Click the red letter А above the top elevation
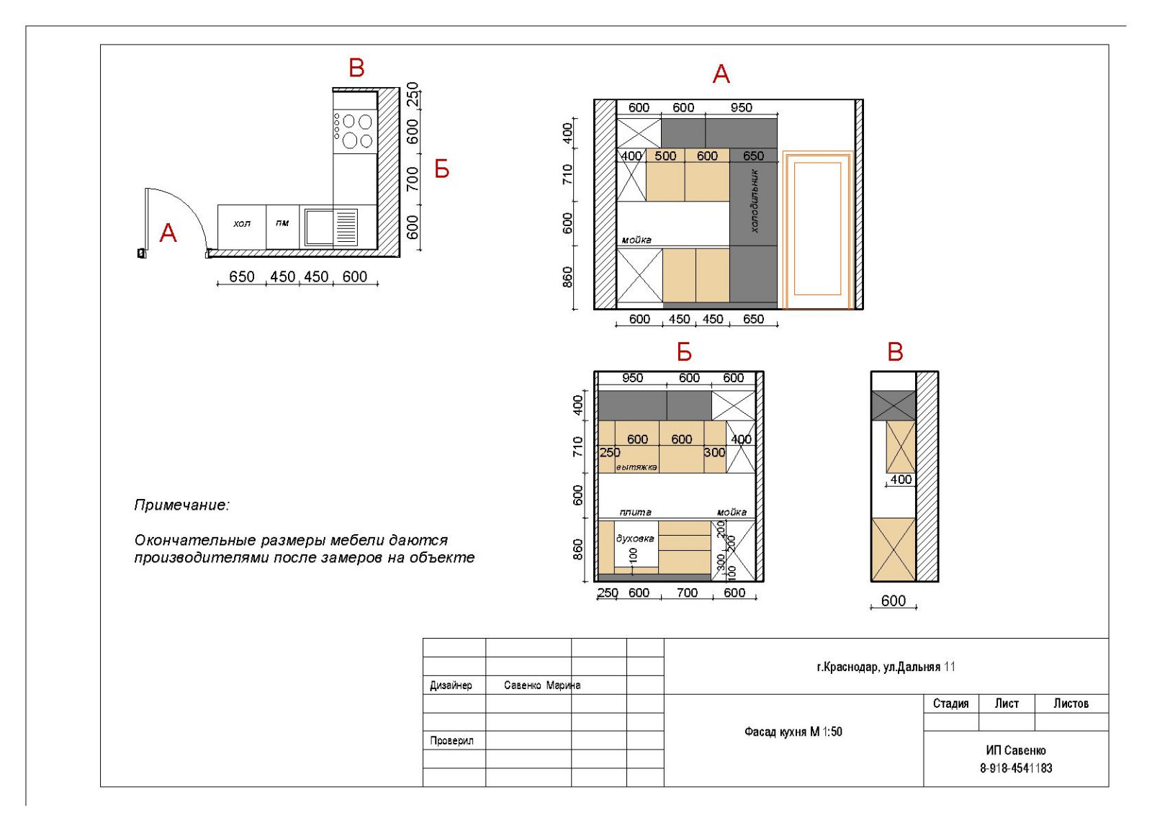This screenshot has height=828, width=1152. (721, 75)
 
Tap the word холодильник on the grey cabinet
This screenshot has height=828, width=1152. (755, 201)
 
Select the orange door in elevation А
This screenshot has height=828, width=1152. (818, 230)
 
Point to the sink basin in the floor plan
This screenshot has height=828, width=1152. (318, 227)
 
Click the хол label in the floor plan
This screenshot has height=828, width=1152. (242, 224)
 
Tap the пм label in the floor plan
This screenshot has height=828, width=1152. (282, 223)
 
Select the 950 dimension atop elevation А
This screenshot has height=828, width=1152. (741, 107)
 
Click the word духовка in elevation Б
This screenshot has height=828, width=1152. (635, 539)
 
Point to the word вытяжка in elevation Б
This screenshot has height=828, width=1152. (636, 467)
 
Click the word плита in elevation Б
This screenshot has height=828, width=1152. (636, 512)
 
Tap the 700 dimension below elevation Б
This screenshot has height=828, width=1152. (687, 593)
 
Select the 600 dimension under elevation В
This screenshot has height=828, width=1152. (894, 600)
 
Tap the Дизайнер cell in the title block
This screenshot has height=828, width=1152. (451, 685)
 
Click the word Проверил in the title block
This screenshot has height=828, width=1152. (451, 741)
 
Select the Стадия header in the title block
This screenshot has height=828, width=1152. (951, 703)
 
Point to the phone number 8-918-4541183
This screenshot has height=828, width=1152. (1016, 768)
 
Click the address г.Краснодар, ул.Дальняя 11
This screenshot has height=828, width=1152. (886, 667)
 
